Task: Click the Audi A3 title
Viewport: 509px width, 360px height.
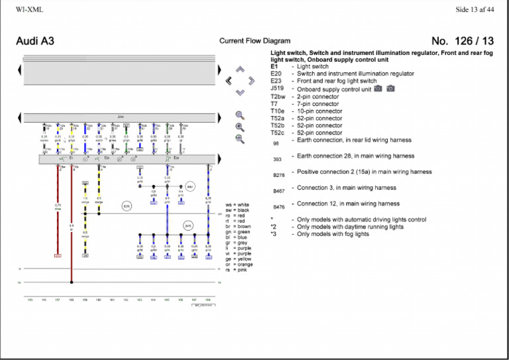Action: click(35, 41)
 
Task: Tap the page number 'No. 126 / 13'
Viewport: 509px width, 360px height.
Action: click(462, 41)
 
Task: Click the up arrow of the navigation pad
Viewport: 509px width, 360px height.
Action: click(240, 69)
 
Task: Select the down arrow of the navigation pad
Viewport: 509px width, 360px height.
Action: click(240, 92)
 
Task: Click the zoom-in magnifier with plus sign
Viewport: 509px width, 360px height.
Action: click(240, 127)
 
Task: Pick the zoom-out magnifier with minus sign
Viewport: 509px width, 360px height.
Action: click(240, 139)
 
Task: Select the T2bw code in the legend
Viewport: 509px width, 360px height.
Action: click(278, 96)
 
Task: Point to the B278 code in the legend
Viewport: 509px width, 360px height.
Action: click(278, 175)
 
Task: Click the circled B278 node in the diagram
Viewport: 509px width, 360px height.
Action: click(127, 206)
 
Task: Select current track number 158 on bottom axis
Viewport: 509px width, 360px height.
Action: click(72, 300)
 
